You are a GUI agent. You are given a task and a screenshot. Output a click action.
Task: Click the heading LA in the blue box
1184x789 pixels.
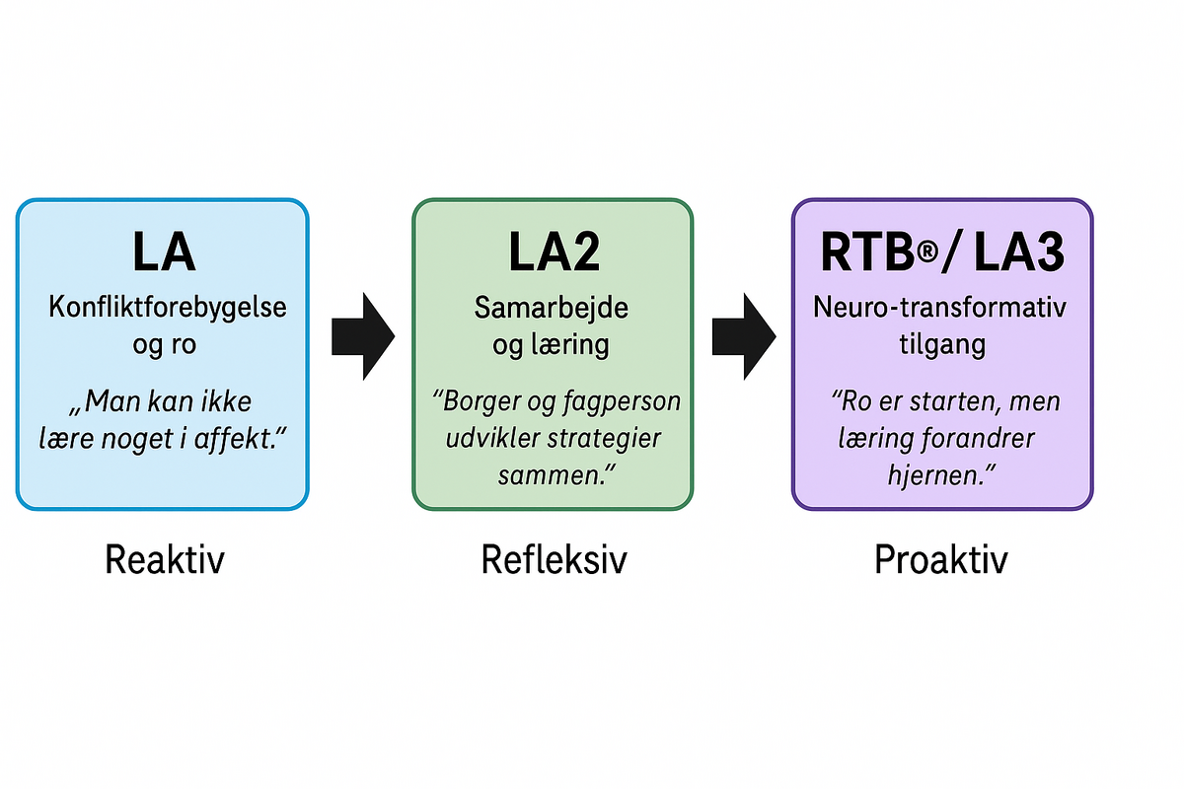[x=164, y=252]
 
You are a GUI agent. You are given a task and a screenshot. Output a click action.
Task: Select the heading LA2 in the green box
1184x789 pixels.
[x=554, y=252]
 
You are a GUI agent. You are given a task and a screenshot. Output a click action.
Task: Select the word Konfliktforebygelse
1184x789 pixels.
[x=168, y=307]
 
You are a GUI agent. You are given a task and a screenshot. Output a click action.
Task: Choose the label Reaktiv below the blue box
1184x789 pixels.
[x=165, y=560]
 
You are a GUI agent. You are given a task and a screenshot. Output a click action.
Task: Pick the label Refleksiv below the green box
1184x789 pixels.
[x=554, y=560]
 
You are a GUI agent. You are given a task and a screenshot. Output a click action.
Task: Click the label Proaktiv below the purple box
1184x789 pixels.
[x=940, y=560]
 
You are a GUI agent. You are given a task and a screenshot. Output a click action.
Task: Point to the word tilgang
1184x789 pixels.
[x=938, y=344]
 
